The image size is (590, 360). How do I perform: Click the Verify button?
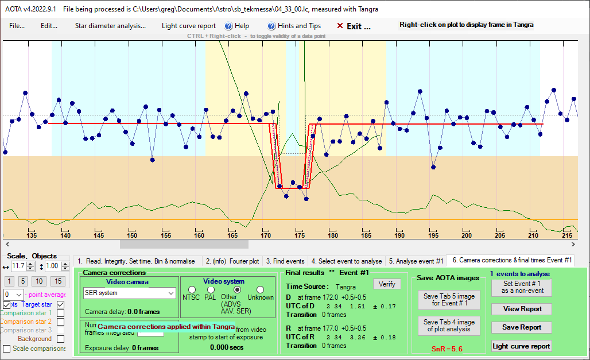point(387,284)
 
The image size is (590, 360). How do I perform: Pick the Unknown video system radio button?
point(261,289)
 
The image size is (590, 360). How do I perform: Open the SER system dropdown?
point(130,293)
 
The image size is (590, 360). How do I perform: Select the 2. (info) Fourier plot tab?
point(232,261)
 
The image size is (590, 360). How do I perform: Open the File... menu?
point(17,26)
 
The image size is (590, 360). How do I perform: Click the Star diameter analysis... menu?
point(110,26)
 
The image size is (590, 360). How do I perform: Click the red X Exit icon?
point(340,26)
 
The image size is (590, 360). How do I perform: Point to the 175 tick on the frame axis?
point(299,235)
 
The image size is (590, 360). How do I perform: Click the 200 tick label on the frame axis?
point(466,235)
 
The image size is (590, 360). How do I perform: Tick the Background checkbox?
point(61,339)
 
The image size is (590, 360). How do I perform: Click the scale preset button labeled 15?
point(57,281)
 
